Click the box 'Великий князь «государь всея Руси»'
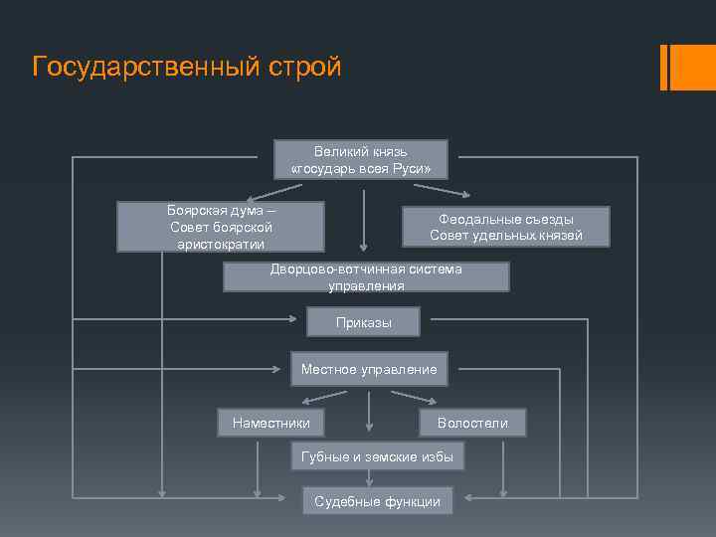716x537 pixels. [361, 159]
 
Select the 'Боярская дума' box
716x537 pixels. [221, 227]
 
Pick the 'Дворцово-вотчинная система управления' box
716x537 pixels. [366, 276]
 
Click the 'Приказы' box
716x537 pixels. [364, 322]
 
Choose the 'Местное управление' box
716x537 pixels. [369, 369]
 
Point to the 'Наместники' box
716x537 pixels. [270, 423]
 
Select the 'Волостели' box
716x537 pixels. [472, 423]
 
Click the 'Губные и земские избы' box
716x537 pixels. [377, 456]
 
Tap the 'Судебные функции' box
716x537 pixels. [377, 501]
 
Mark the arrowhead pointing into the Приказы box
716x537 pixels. [293, 319]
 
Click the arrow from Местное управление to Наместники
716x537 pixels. [318, 398]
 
